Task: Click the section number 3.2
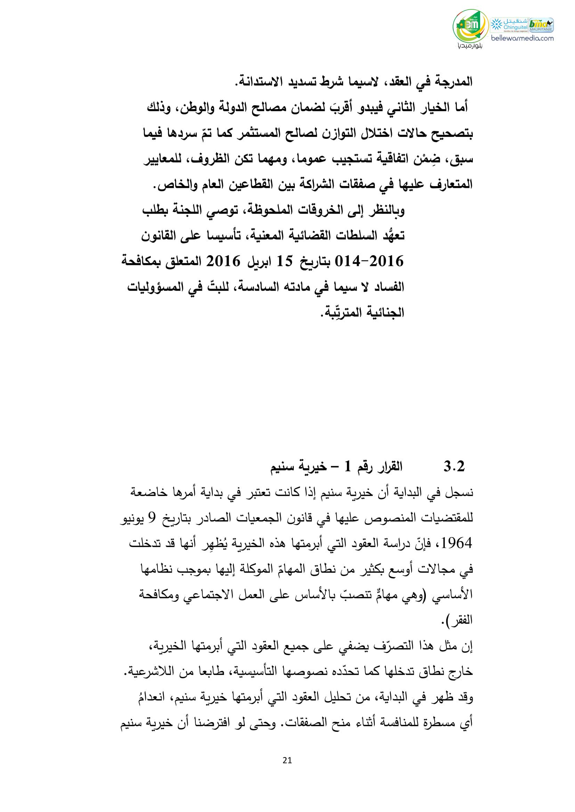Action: tap(454, 467)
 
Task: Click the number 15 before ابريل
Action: tap(284, 262)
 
